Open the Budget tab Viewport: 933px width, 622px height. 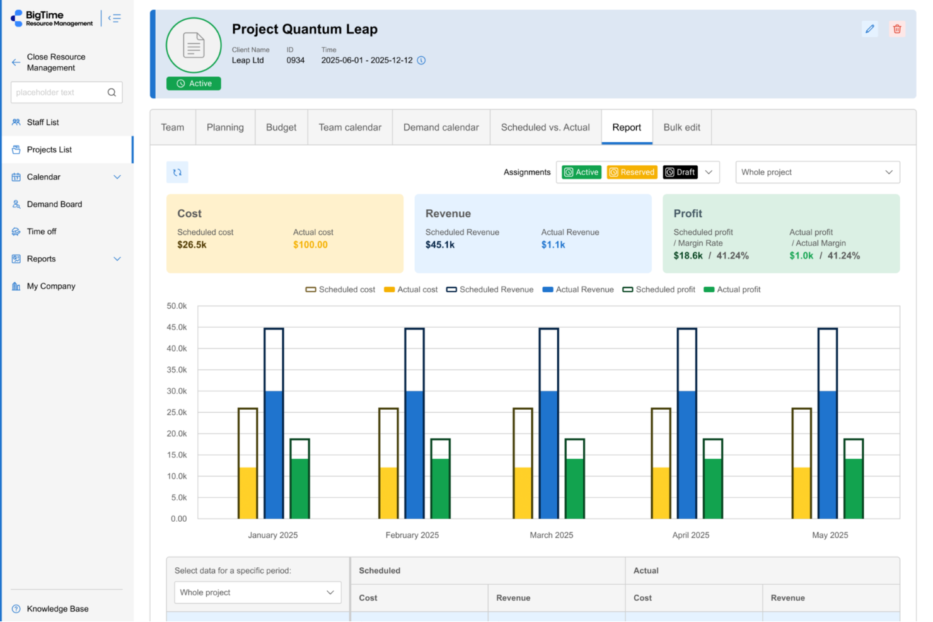281,127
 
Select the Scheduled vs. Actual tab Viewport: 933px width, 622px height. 545,127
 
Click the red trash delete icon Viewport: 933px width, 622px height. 897,29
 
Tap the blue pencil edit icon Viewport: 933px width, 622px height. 870,29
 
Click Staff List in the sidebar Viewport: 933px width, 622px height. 43,122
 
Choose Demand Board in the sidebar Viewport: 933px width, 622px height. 54,204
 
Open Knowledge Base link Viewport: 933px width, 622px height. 57,609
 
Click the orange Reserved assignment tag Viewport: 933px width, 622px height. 632,172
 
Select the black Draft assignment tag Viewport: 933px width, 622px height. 680,172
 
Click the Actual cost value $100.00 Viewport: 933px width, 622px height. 310,245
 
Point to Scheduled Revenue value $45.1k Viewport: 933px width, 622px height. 440,245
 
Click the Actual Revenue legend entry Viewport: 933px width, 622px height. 578,290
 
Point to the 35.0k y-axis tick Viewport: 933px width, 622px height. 177,370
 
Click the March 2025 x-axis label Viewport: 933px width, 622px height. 552,535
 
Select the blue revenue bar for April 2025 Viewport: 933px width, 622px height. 687,454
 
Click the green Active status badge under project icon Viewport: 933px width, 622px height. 194,84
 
